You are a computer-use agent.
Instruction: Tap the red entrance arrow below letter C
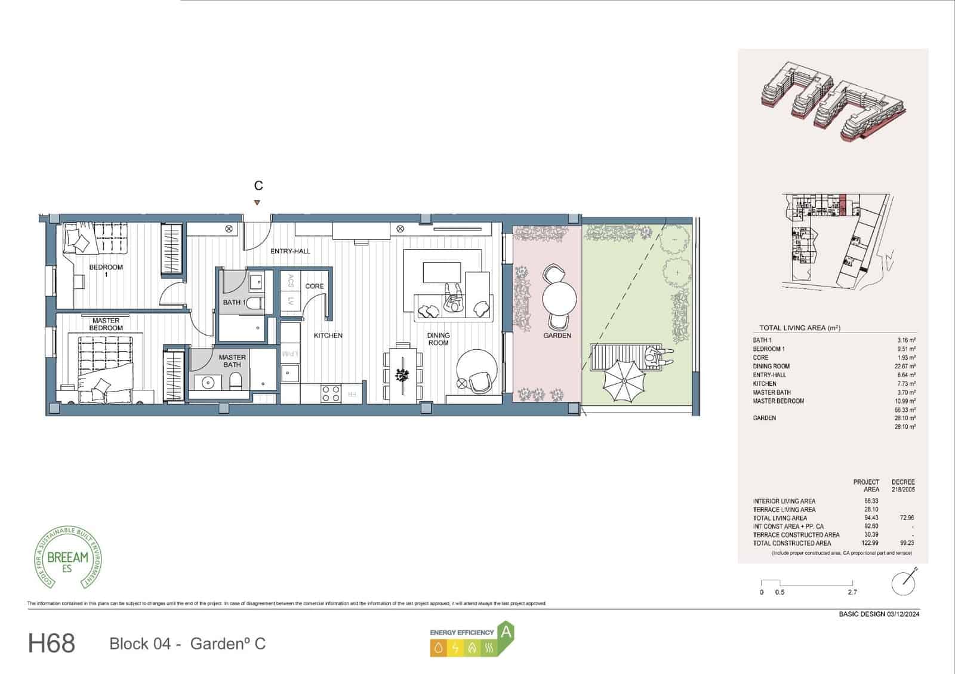[257, 203]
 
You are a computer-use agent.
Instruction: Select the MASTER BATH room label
[232, 361]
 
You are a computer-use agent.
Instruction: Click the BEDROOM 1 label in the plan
[106, 270]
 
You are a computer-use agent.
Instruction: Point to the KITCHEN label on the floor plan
[328, 336]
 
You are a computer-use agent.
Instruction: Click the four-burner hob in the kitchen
[331, 393]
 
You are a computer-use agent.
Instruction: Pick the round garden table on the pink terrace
[559, 297]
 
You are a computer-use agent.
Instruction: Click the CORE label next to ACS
[315, 286]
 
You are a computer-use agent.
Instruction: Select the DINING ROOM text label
[438, 338]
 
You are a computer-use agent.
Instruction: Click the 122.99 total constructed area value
[871, 543]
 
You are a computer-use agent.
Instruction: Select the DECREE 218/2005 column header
[902, 485]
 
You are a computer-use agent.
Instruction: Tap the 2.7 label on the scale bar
[852, 592]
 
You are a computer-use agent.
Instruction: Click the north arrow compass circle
[903, 583]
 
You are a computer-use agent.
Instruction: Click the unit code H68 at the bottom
[51, 644]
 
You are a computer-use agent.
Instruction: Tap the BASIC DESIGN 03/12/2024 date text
[879, 614]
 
